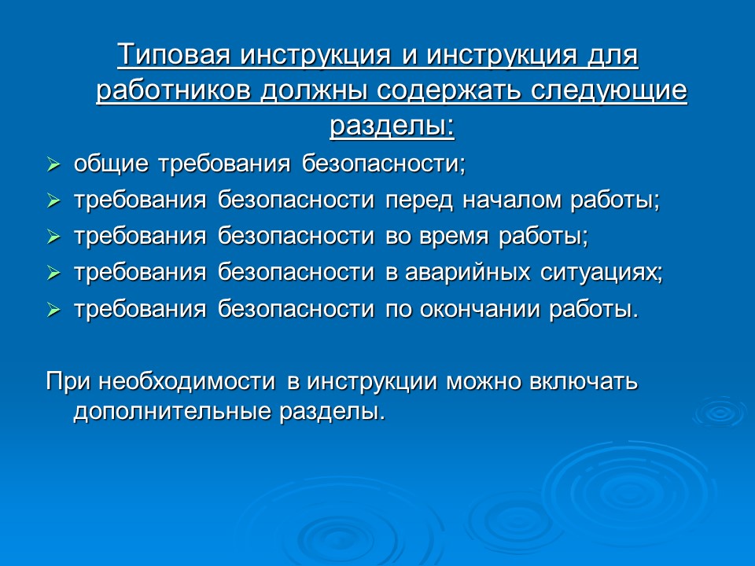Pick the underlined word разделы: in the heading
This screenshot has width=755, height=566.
[x=391, y=126]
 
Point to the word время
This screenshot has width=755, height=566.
[x=459, y=237]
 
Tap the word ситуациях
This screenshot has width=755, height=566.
[x=602, y=273]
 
